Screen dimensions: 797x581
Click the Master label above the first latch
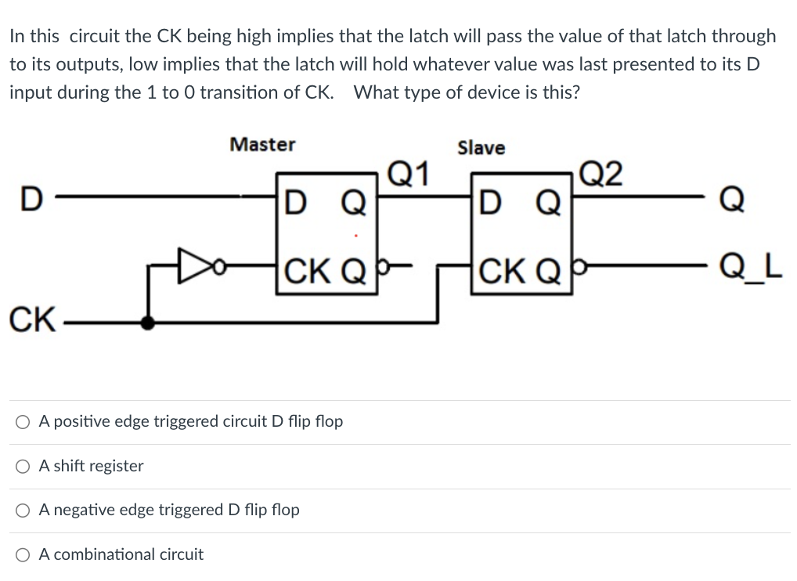[x=262, y=145]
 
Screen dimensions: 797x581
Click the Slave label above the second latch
[x=481, y=148]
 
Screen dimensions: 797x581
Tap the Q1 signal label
[x=409, y=172]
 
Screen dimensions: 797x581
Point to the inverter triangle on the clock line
[x=192, y=265]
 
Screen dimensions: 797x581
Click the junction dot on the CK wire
[x=146, y=322]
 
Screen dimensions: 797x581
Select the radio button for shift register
[x=23, y=467]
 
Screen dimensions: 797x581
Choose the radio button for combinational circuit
[x=23, y=555]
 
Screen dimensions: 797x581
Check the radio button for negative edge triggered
[x=23, y=511]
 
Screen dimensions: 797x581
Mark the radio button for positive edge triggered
[x=23, y=422]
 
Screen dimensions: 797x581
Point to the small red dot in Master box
[x=356, y=235]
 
